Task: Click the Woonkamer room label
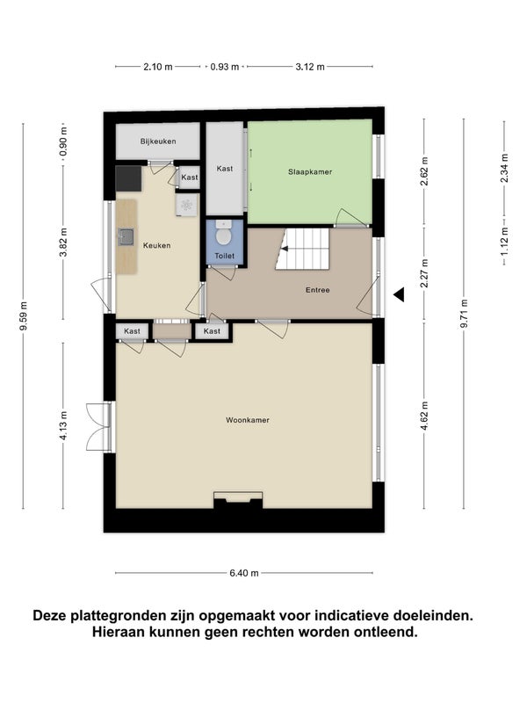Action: [x=248, y=420]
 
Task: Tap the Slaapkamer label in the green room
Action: [x=310, y=171]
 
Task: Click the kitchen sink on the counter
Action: [x=126, y=236]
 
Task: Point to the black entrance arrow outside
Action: [x=399, y=294]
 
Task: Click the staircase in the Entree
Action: [x=302, y=250]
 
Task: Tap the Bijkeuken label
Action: [x=158, y=141]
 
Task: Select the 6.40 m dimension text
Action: [x=244, y=573]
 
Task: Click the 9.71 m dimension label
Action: [x=465, y=314]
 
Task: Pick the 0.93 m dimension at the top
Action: [x=225, y=67]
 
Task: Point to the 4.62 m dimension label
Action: [x=425, y=416]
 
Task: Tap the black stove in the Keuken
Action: [x=128, y=178]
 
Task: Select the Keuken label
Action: [x=157, y=245]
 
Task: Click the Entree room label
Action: [x=318, y=290]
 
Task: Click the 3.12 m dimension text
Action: [x=310, y=67]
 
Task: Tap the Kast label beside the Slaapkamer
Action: [x=225, y=169]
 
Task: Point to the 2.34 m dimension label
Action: [x=504, y=168]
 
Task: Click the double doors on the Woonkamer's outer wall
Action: [x=98, y=426]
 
